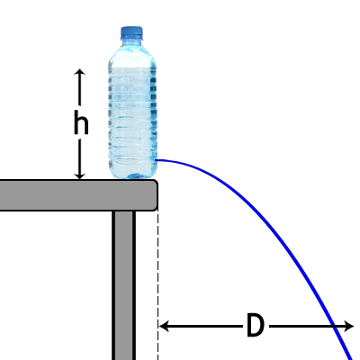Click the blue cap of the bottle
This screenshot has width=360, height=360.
pyautogui.click(x=131, y=32)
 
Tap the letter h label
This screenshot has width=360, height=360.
pyautogui.click(x=81, y=122)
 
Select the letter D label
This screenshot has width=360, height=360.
pyautogui.click(x=256, y=325)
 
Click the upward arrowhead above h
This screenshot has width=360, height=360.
pyautogui.click(x=80, y=72)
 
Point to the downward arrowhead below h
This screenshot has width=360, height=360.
pyautogui.click(x=80, y=176)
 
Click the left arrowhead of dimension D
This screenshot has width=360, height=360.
pyautogui.click(x=164, y=326)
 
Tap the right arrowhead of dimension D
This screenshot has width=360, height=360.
pyautogui.click(x=349, y=326)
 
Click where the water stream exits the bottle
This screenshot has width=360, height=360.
pyautogui.click(x=157, y=160)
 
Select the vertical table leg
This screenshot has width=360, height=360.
pyautogui.click(x=123, y=285)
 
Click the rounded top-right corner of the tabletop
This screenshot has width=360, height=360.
pyautogui.click(x=156, y=182)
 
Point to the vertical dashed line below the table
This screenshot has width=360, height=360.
pyautogui.click(x=157, y=285)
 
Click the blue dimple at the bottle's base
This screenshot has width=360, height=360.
pyautogui.click(x=134, y=175)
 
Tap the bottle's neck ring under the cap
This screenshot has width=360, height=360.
pyautogui.click(x=131, y=38)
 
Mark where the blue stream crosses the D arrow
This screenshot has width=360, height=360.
pyautogui.click(x=337, y=326)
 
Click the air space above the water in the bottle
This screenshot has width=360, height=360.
pyautogui.click(x=132, y=57)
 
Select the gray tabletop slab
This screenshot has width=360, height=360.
pyautogui.click(x=78, y=195)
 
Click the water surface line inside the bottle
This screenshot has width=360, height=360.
pyautogui.click(x=132, y=67)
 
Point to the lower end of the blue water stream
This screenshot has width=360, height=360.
pyautogui.click(x=351, y=358)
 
